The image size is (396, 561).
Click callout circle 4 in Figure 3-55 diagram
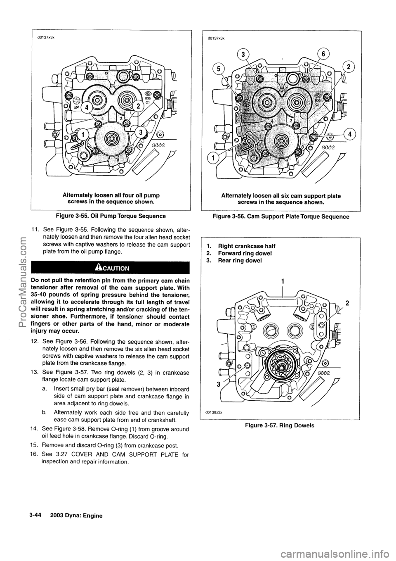click(x=88, y=108)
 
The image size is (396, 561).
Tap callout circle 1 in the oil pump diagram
click(x=82, y=135)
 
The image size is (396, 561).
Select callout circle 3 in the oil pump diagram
click(x=141, y=132)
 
